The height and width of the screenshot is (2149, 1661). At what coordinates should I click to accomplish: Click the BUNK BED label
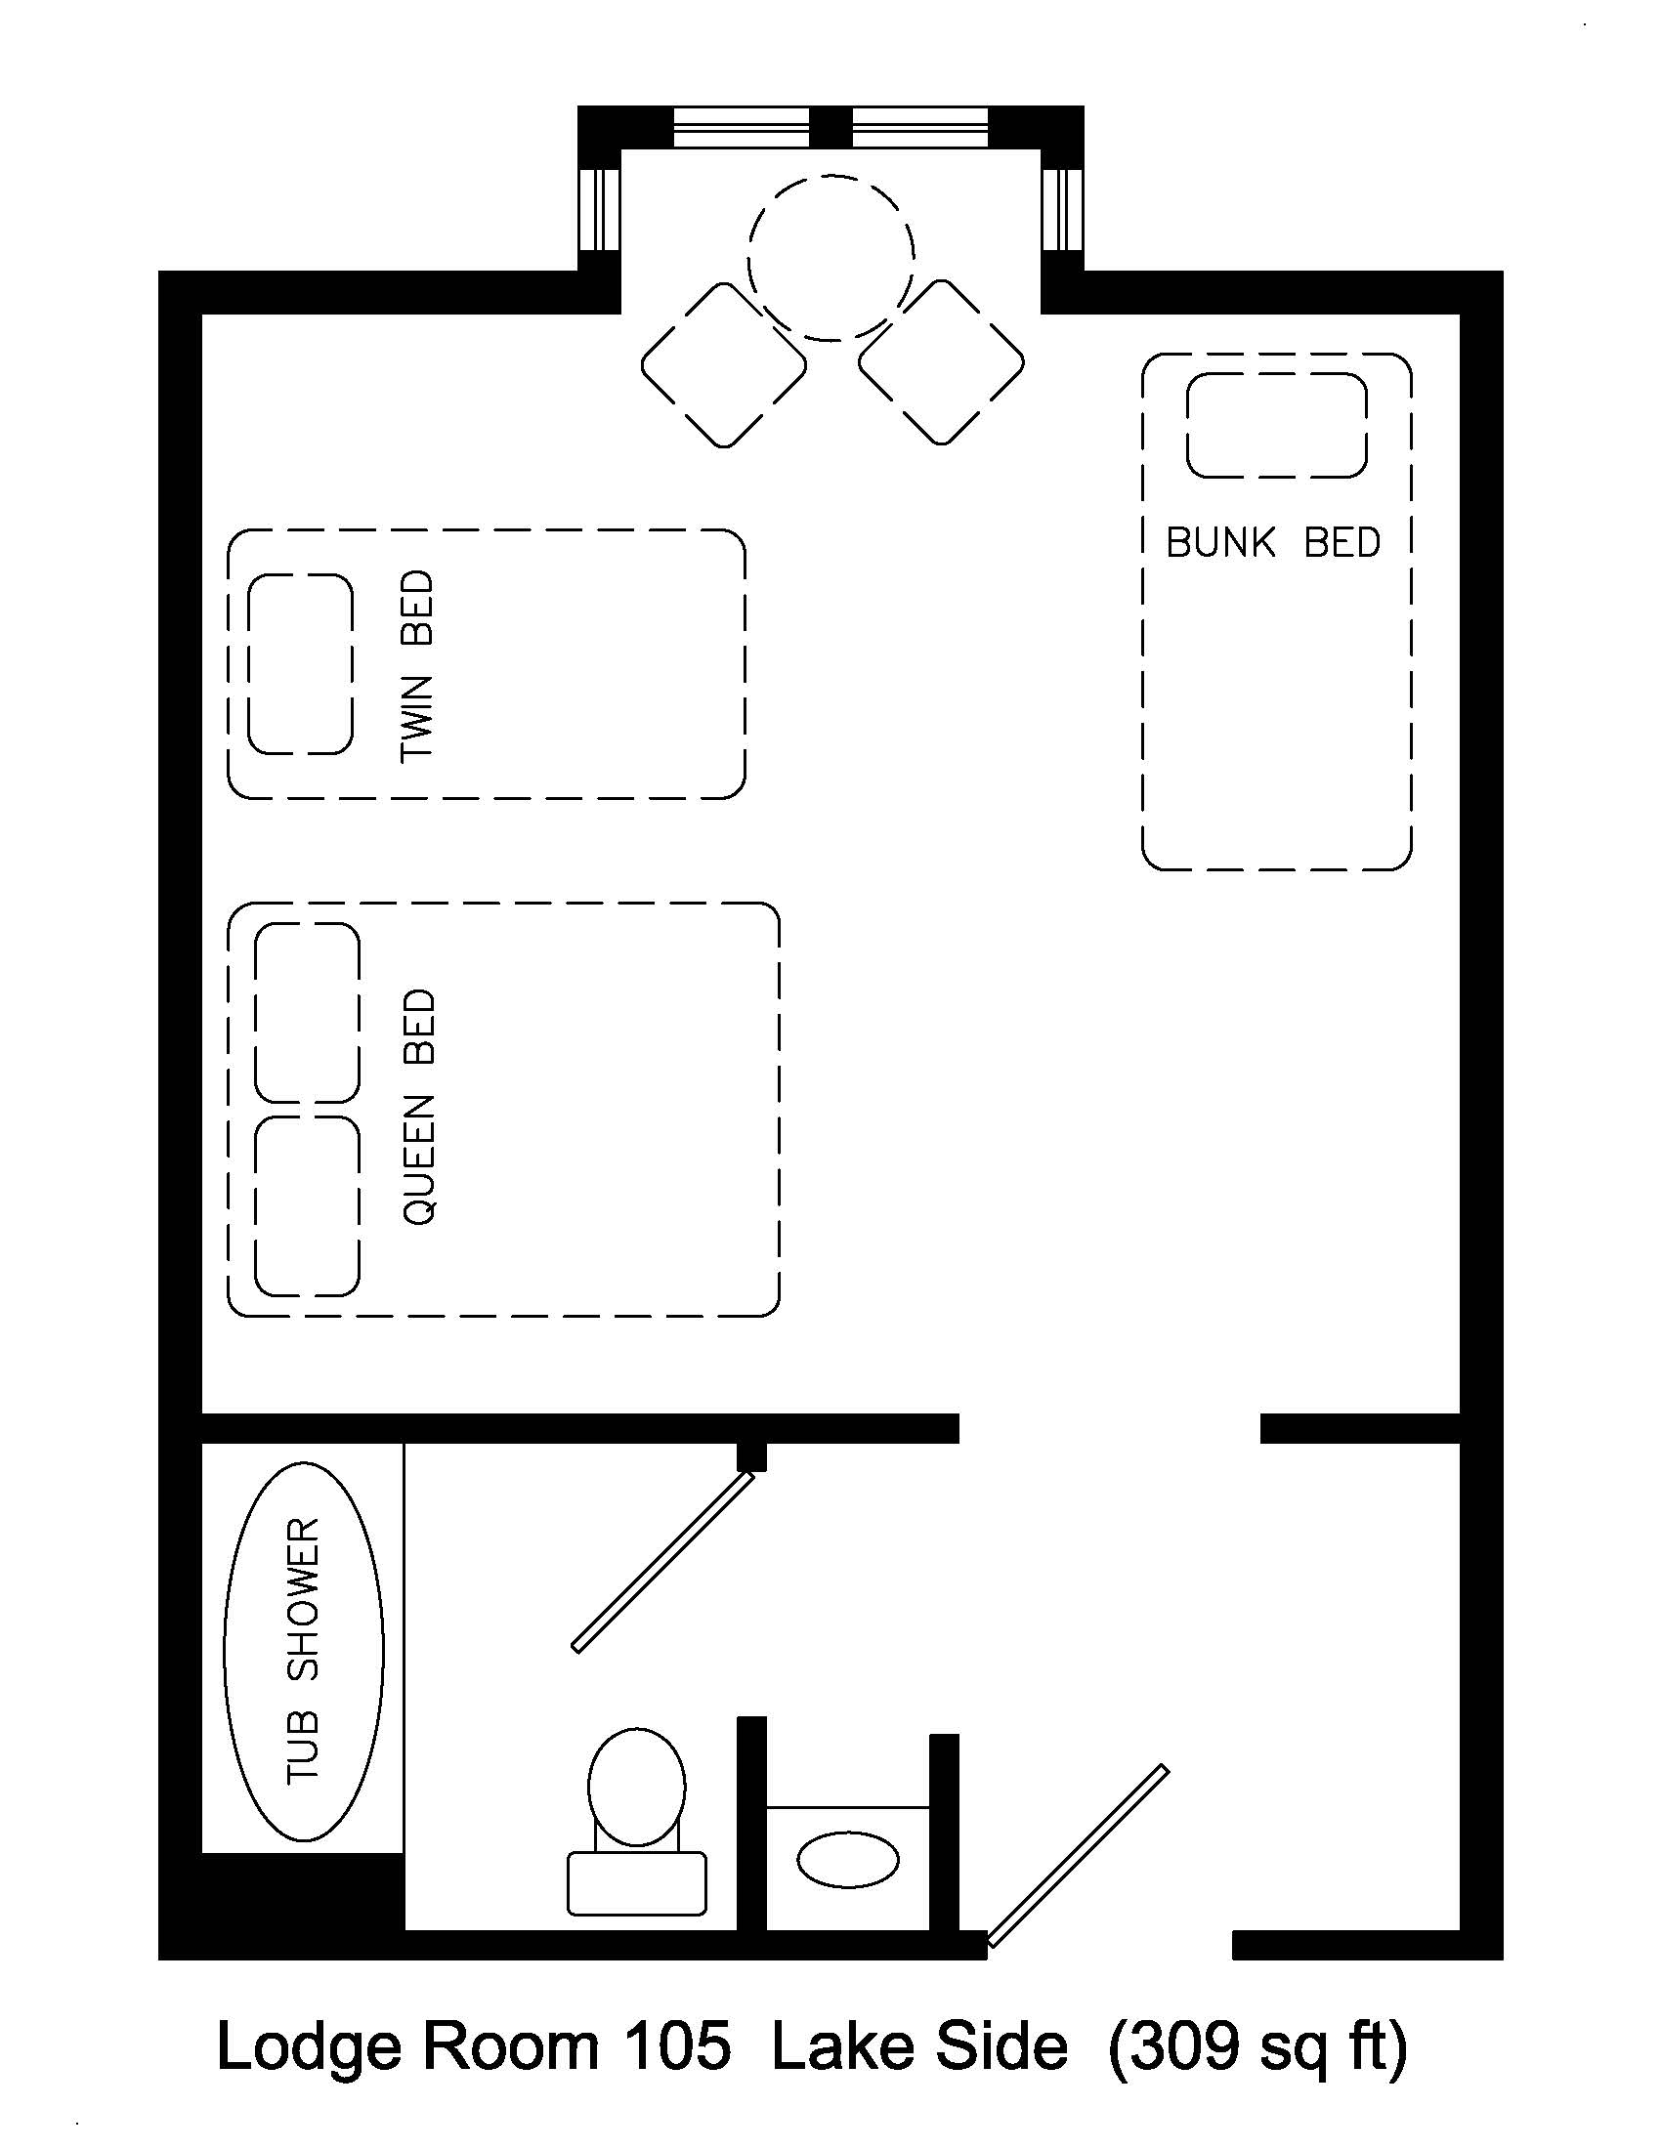[x=1272, y=542]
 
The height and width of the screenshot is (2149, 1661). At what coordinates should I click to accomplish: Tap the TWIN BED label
[x=417, y=666]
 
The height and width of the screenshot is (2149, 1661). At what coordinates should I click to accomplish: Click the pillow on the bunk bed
[x=1276, y=425]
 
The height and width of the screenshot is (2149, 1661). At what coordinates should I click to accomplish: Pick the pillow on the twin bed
[x=300, y=665]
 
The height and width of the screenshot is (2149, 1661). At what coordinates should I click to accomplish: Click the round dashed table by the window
[x=831, y=259]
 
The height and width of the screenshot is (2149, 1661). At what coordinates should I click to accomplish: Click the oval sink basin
[x=847, y=1859]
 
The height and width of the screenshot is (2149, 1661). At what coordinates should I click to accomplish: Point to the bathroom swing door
[x=664, y=1562]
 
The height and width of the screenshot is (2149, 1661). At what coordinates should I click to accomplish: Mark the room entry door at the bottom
[x=1079, y=1856]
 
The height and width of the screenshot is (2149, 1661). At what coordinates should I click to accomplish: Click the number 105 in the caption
[x=679, y=2047]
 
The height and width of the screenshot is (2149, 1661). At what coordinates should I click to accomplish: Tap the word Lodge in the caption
[x=308, y=2047]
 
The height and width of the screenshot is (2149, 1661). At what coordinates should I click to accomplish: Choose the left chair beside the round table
[x=724, y=365]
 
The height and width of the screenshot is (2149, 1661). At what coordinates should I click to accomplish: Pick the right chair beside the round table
[x=942, y=363]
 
